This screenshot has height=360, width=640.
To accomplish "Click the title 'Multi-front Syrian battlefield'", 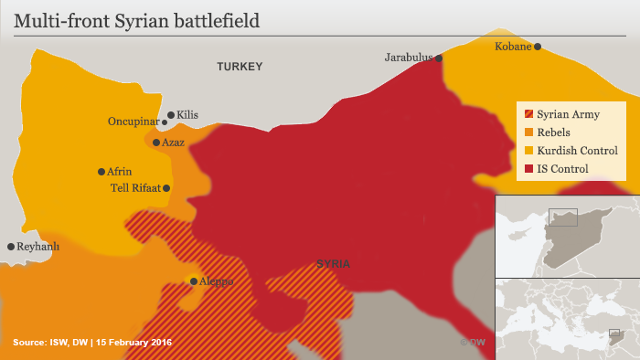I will (x=135, y=18).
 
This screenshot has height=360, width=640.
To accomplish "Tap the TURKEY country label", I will (x=240, y=67).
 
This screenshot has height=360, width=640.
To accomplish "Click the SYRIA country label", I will (x=333, y=264).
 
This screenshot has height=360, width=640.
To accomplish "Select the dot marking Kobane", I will (x=538, y=47).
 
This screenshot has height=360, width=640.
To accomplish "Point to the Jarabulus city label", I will (x=408, y=58).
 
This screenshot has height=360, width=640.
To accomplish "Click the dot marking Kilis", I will (x=171, y=115).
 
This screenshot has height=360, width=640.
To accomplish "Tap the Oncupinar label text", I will (x=133, y=122).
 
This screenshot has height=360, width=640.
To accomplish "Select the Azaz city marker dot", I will (x=156, y=143).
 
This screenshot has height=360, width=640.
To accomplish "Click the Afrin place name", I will (x=120, y=172).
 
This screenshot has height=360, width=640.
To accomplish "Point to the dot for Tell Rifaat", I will (x=166, y=188).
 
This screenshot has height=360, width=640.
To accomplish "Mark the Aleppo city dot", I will (x=194, y=281).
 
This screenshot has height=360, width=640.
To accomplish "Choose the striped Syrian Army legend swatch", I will (x=528, y=115).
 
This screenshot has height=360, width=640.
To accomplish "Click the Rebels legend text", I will (x=553, y=132).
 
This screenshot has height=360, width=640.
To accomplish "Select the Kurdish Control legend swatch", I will (x=528, y=151).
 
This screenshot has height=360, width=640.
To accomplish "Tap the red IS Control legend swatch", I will (x=528, y=169).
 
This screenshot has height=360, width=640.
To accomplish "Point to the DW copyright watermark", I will (x=472, y=342).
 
